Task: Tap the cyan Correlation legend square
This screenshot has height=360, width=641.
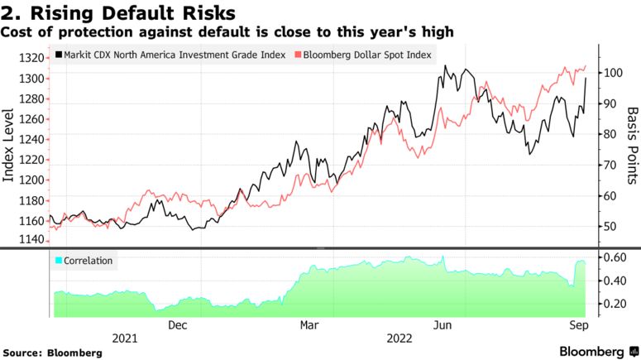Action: [x=57, y=261]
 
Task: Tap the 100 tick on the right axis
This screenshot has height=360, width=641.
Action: [x=613, y=73]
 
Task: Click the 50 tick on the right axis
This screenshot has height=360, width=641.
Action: [x=610, y=227]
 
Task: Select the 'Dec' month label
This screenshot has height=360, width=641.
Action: [x=178, y=325]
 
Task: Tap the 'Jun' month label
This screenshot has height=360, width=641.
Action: [x=443, y=325]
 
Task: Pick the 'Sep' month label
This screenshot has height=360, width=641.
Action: [x=576, y=325]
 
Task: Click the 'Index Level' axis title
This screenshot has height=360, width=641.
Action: [x=11, y=149]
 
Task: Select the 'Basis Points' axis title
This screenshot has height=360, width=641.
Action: [x=632, y=146]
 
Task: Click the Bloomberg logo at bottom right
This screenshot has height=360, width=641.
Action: [x=591, y=351]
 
